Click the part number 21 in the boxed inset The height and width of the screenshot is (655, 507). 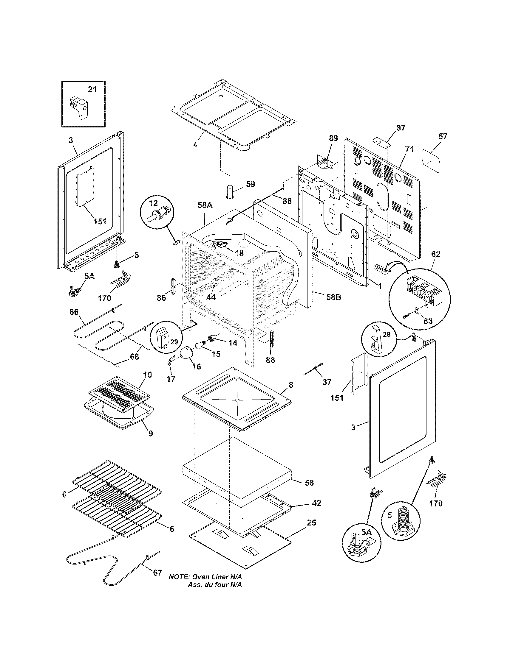92,89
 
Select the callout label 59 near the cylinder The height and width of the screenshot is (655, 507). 250,184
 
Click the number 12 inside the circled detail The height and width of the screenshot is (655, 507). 153,203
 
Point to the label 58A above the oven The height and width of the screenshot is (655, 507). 205,205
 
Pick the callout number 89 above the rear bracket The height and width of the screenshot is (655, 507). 333,138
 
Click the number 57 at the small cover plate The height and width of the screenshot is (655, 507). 443,136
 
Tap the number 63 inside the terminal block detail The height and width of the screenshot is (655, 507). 428,321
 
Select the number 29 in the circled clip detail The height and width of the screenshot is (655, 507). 174,341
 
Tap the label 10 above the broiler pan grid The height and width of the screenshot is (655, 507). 147,375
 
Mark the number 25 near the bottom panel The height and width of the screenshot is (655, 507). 311,523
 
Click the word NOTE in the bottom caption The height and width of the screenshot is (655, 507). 178,577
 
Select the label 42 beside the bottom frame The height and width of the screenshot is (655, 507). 316,503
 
